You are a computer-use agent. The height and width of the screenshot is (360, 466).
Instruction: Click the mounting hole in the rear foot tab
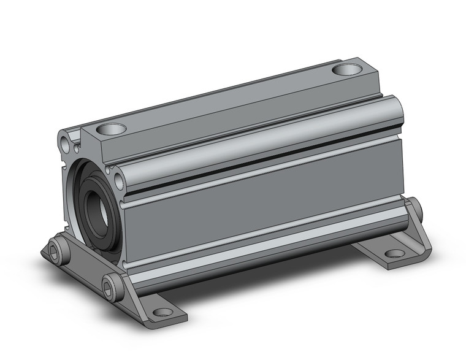[x=395, y=253]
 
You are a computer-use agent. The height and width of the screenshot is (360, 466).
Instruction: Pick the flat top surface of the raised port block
[x=227, y=101]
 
